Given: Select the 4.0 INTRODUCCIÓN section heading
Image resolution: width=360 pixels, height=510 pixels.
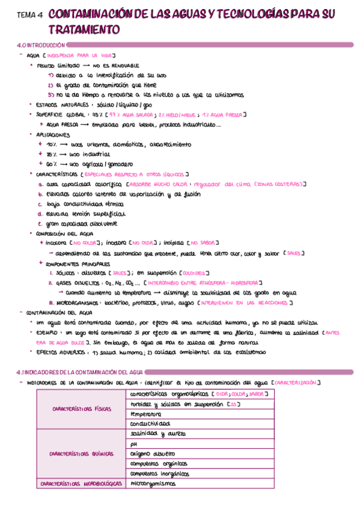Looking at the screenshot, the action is (41, 46).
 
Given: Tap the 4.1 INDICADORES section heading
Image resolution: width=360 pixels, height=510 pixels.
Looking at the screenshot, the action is (79, 373).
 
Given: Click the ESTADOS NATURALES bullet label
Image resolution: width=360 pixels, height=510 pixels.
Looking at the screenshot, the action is (62, 105).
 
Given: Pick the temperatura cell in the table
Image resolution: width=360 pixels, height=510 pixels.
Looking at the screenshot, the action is (146, 414).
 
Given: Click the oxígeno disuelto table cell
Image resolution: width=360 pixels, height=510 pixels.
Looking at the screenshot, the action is (153, 453).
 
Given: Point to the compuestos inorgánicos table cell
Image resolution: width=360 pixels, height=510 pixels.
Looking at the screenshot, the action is (159, 473).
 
